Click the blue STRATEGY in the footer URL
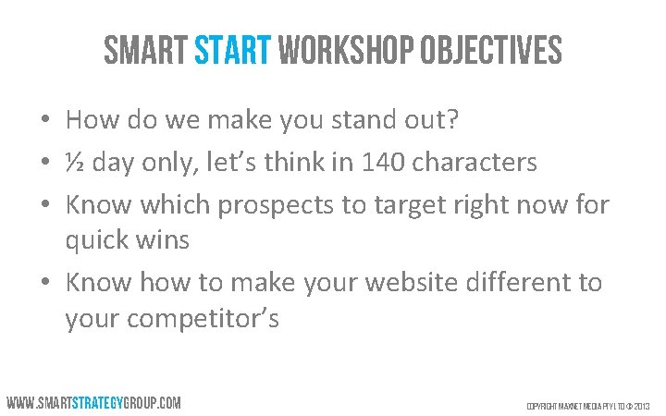[x=101, y=403]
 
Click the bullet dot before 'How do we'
[x=44, y=122]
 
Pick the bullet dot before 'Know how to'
[x=44, y=283]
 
